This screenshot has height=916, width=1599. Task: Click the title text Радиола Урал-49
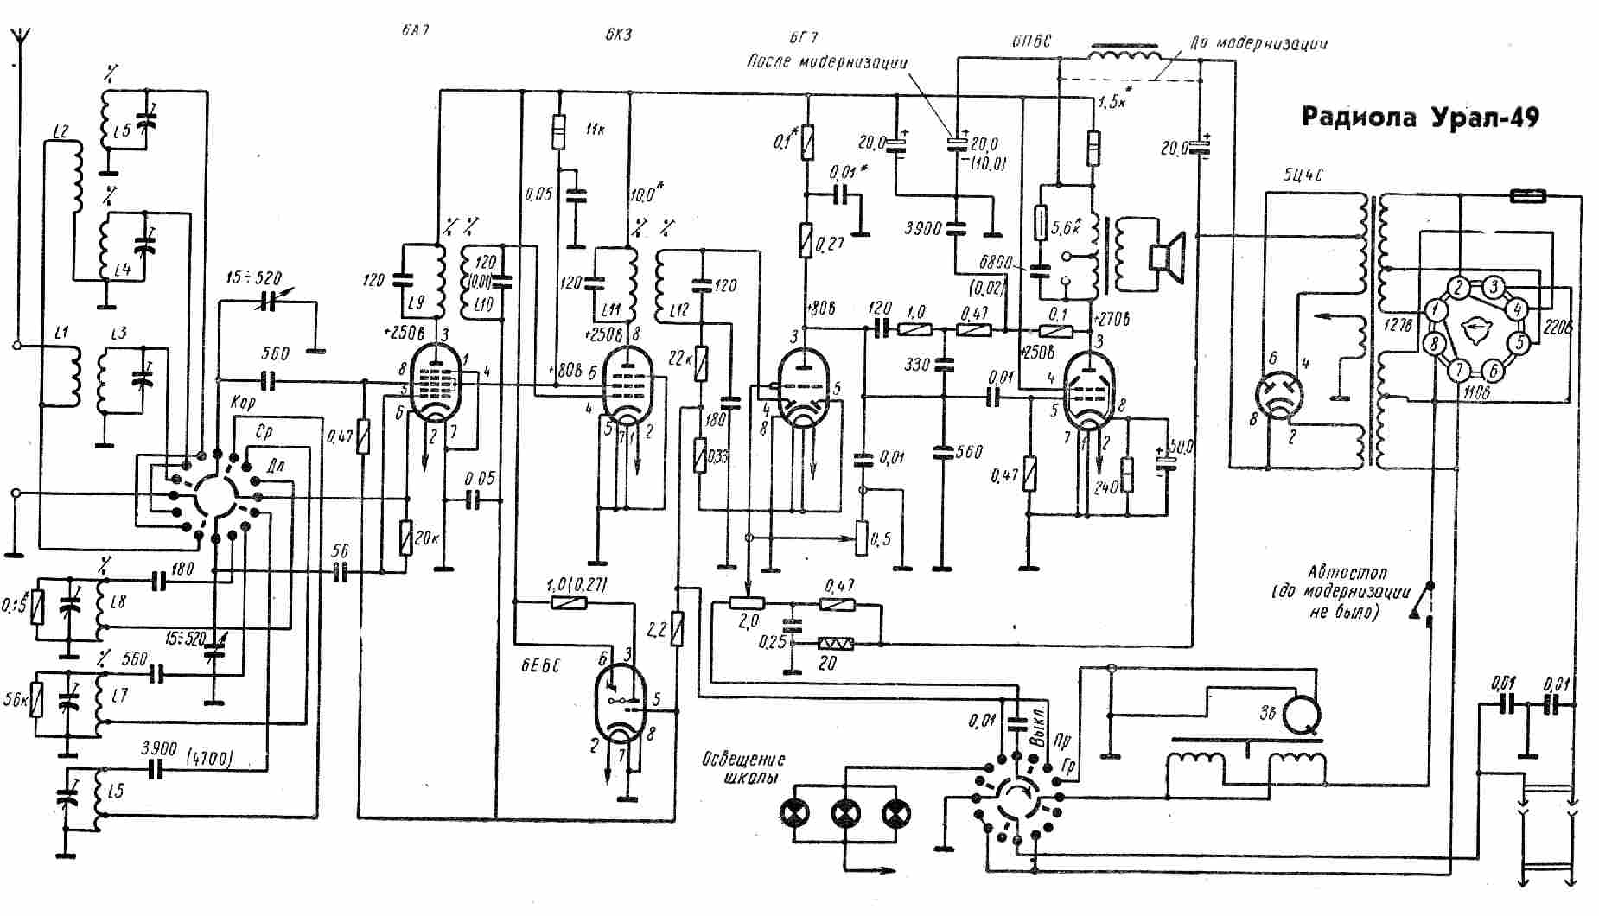tap(1420, 118)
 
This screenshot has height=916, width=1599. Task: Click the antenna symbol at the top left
tap(16, 39)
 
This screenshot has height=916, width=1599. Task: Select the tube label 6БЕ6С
tap(540, 666)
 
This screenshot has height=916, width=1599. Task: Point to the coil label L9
tap(416, 303)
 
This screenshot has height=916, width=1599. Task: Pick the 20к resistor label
tap(424, 538)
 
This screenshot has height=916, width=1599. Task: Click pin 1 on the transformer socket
tap(1435, 309)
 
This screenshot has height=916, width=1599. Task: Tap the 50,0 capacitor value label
tap(1180, 447)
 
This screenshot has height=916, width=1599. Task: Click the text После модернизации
tap(827, 61)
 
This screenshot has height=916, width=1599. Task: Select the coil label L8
tap(118, 600)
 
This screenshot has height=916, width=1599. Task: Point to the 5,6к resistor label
tap(1068, 228)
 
